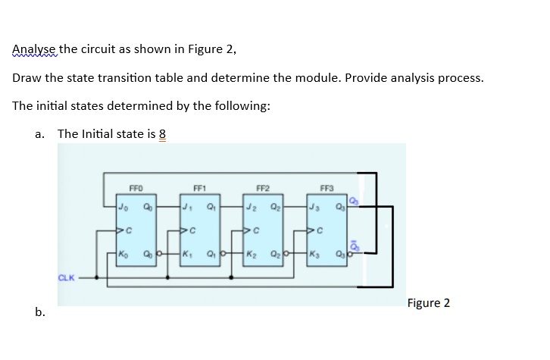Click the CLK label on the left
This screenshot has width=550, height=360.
tap(67, 278)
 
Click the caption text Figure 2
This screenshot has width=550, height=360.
tap(428, 303)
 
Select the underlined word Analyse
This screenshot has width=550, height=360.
tap(34, 50)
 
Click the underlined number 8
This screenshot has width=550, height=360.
tap(161, 134)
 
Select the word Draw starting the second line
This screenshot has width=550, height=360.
tap(27, 78)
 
